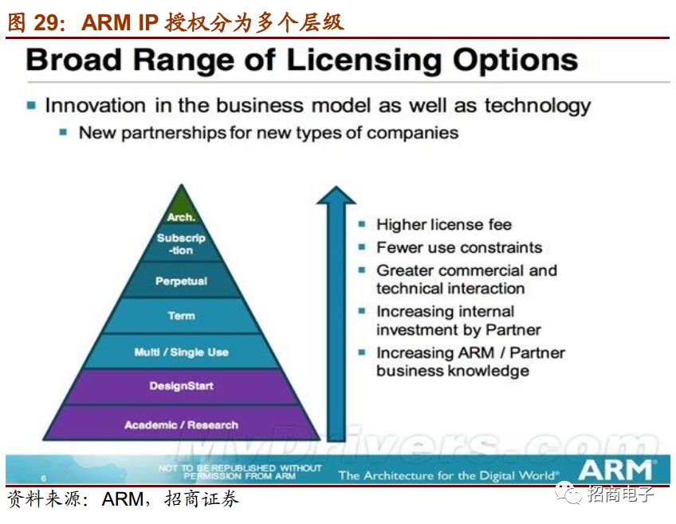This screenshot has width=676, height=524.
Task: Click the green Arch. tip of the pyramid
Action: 182,208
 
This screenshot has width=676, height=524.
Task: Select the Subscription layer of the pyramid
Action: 182,244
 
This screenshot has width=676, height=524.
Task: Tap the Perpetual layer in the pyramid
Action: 182,280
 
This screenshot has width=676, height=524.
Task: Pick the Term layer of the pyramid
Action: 182,316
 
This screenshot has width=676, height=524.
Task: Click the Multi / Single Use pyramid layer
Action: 182,352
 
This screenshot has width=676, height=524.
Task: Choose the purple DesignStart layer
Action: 182,386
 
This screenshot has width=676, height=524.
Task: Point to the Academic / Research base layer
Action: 182,423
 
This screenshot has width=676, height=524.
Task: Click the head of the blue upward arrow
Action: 336,195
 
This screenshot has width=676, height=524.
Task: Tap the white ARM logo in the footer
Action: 615,470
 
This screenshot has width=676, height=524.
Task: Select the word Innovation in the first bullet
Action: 96,105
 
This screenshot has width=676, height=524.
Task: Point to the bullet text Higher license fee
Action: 444,224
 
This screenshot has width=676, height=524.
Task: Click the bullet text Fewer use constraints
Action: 459,247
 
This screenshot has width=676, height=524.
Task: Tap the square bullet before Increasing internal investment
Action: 362,310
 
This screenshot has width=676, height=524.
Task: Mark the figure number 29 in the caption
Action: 46,22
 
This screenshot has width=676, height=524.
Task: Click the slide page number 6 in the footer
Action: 43,479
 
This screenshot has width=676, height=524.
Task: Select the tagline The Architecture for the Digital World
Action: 447,475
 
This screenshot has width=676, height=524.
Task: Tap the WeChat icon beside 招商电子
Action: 568,494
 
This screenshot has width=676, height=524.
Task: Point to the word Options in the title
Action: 516,61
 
